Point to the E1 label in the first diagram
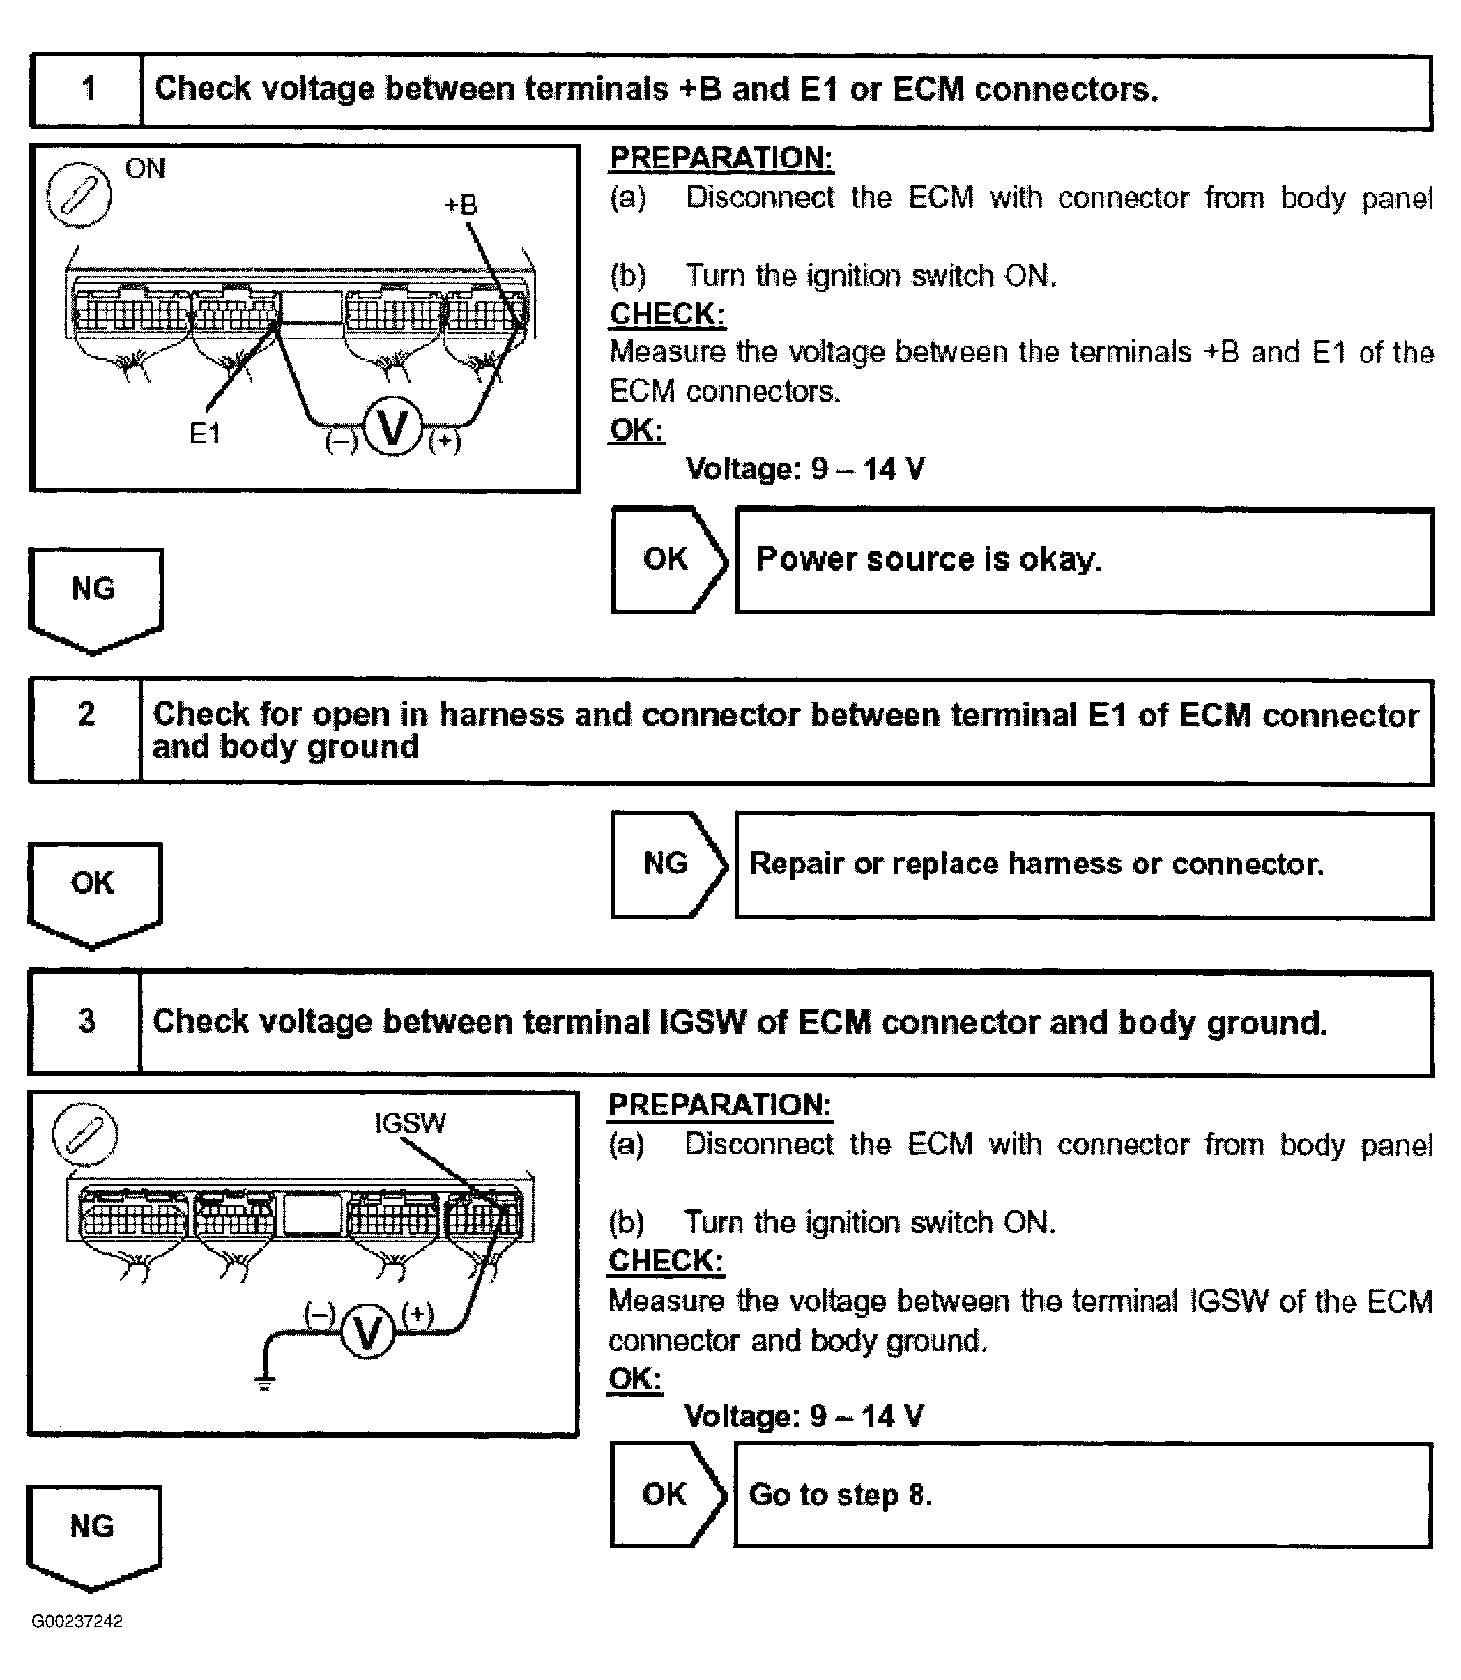click(205, 434)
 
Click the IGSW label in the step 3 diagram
click(409, 1122)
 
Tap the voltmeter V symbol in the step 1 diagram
click(393, 429)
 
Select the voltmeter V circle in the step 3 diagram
click(367, 1334)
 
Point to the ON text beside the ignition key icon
click(145, 169)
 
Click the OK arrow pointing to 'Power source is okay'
click(667, 559)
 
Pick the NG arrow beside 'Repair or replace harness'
click(667, 863)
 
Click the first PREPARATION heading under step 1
click(721, 158)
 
